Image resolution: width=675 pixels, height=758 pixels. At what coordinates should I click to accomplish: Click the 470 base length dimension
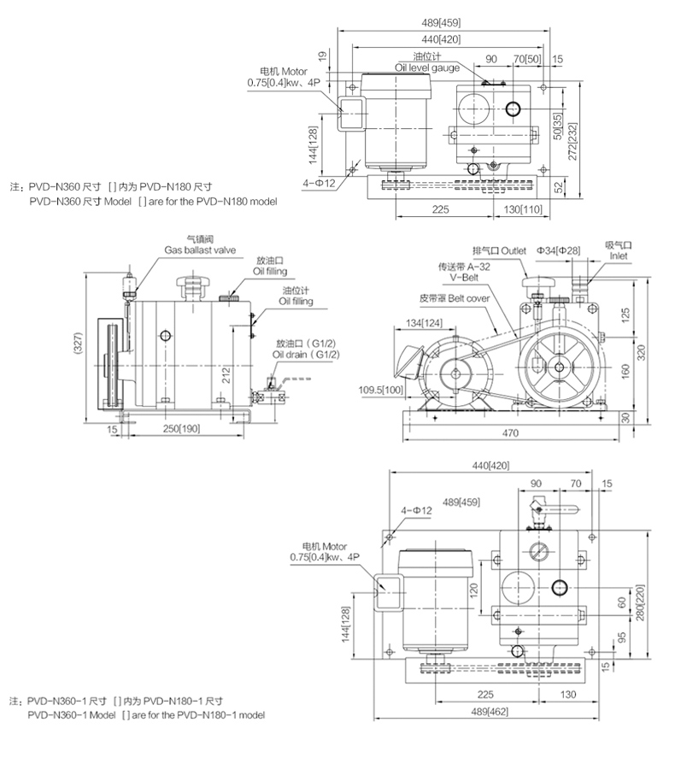(x=510, y=434)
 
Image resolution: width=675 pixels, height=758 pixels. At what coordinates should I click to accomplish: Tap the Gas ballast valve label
(x=200, y=250)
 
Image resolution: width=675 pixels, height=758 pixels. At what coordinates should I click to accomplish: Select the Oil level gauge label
(x=427, y=66)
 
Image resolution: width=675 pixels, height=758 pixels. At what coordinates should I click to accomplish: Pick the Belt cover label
(x=453, y=300)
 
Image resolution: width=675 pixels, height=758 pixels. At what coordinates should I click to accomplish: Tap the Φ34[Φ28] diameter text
(x=559, y=250)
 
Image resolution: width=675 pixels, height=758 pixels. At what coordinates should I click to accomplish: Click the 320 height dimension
(x=641, y=350)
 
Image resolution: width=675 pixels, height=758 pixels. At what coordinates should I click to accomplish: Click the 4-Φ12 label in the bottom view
(x=415, y=510)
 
